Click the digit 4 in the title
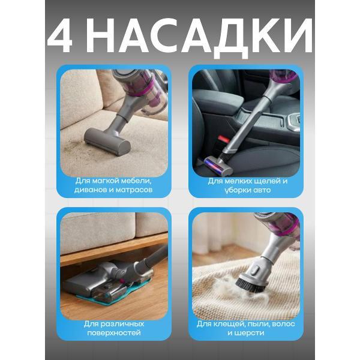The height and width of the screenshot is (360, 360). tap(60, 37)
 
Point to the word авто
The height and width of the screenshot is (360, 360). tap(261, 190)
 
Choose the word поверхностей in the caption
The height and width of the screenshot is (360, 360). tap(114, 333)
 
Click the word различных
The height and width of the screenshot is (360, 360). tap(122, 324)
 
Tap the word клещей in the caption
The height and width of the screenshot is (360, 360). tap(226, 324)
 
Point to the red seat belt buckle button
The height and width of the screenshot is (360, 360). tap(224, 139)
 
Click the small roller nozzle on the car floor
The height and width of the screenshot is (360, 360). tap(215, 165)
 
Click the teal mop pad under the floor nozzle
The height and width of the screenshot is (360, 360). tap(115, 293)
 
